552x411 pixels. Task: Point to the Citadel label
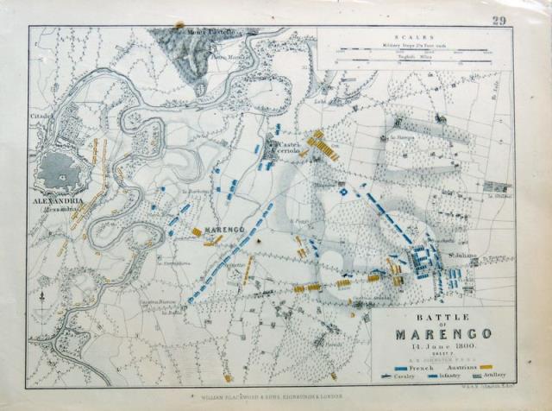tap(41, 114)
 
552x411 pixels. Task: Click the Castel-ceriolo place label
tap(286, 147)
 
